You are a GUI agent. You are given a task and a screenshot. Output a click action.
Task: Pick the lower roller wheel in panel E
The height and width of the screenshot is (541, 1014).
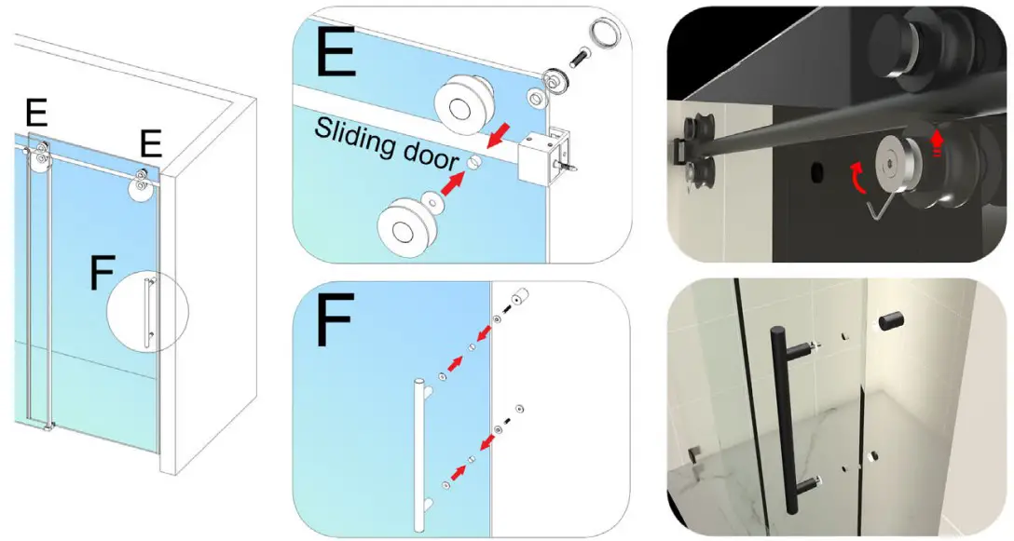point(402,224)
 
